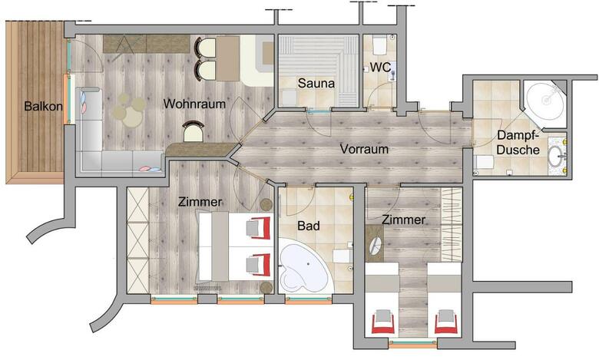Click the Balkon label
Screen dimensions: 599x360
pyautogui.click(x=43, y=106)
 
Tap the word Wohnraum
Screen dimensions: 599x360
pyautogui.click(x=194, y=104)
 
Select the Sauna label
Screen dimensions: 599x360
pyautogui.click(x=316, y=83)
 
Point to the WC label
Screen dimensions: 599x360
pyautogui.click(x=380, y=68)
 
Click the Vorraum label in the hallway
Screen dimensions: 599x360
pyautogui.click(x=364, y=149)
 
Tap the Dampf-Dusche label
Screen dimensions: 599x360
pyautogui.click(x=518, y=143)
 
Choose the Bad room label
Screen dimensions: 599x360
pyautogui.click(x=308, y=226)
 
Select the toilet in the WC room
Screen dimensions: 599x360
pyautogui.click(x=380, y=45)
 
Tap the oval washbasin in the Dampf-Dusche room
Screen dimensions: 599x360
pyautogui.click(x=557, y=156)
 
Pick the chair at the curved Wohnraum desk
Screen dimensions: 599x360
pyautogui.click(x=194, y=131)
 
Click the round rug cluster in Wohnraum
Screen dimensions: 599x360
pyautogui.click(x=130, y=110)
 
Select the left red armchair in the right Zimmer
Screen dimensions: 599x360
pyautogui.click(x=382, y=321)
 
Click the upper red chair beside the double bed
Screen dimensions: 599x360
pyautogui.click(x=259, y=227)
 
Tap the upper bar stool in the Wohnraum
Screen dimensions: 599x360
pyautogui.click(x=205, y=48)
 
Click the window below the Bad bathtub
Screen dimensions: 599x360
pyautogui.click(x=308, y=301)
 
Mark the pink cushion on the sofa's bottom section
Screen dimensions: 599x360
pyautogui.click(x=146, y=168)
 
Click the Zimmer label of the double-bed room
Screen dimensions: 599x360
pyautogui.click(x=200, y=202)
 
